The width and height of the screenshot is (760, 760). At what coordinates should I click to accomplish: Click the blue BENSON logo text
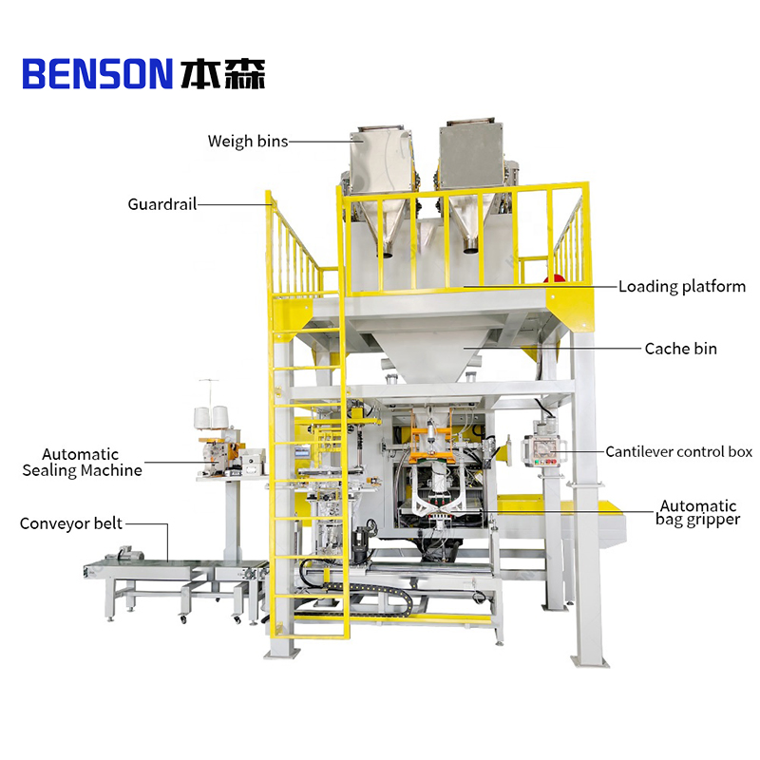pos(98,74)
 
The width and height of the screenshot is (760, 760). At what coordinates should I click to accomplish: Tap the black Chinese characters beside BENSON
pos(223,74)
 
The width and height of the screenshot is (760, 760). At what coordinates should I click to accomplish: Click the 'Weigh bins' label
pos(248,141)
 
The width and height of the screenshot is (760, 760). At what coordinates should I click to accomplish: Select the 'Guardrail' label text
pos(162,204)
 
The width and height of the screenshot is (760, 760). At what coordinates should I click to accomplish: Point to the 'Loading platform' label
pos(682,287)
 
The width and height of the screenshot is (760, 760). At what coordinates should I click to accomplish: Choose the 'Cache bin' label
pos(680,349)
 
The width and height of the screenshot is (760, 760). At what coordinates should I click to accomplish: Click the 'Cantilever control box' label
pos(678,452)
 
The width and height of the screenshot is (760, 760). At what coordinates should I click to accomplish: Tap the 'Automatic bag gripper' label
pos(698,513)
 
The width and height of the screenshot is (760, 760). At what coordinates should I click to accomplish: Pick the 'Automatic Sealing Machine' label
pos(82,463)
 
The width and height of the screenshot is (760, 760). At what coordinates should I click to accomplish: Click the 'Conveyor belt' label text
pos(71,523)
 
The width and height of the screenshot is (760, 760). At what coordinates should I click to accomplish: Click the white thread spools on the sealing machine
pos(211,417)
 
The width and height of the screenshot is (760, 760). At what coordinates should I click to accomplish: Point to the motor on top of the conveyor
pos(129,554)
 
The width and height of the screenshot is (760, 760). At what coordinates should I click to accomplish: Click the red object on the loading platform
pos(554,278)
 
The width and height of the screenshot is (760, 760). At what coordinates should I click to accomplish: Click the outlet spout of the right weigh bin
pos(471,247)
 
